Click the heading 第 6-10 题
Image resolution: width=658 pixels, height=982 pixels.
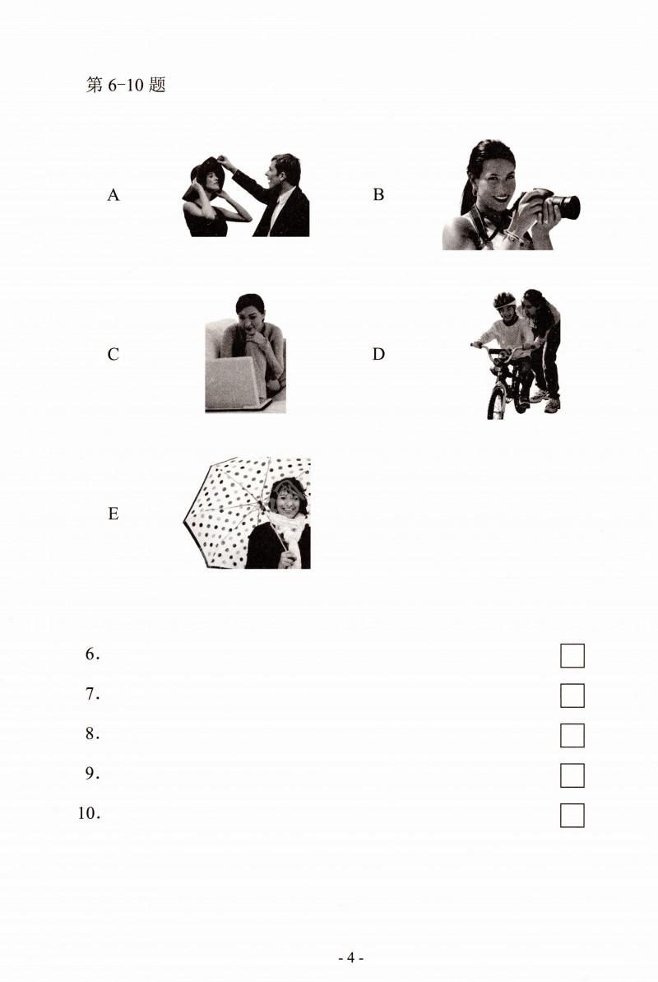(126, 85)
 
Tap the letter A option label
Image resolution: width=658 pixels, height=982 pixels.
(113, 195)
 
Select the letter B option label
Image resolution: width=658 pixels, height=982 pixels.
(378, 195)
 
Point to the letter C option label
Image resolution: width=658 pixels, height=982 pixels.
(113, 355)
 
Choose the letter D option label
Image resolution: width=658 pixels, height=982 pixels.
(378, 355)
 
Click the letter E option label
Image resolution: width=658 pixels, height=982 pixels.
(113, 514)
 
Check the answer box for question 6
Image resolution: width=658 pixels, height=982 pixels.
(572, 656)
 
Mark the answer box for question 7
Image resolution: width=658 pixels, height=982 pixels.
(572, 696)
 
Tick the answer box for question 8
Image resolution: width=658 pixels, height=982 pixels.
(572, 735)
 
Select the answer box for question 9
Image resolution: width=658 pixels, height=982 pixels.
(572, 775)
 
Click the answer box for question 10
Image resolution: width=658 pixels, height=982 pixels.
(572, 816)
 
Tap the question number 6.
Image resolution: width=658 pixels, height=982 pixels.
(92, 654)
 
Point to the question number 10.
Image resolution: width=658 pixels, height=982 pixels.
(89, 813)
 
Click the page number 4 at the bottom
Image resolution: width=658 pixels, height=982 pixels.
(350, 957)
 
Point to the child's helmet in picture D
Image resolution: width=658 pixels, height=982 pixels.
(504, 300)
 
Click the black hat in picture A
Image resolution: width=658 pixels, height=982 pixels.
(205, 177)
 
